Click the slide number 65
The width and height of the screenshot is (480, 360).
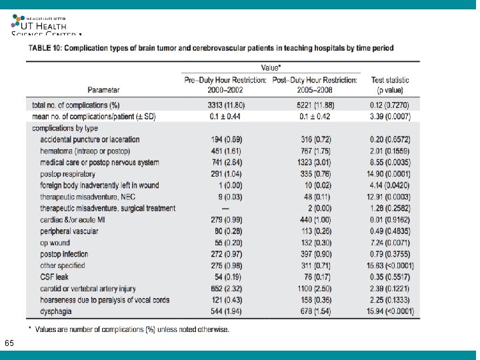9,343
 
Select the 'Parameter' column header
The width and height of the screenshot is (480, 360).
103,89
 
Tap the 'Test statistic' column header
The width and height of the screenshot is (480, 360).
390,85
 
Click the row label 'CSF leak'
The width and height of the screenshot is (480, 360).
54,277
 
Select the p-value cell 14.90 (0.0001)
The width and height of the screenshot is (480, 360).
390,174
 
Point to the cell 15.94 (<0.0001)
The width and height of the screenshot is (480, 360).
391,312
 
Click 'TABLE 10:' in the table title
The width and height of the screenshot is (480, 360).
47,48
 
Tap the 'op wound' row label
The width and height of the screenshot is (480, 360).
55,243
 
